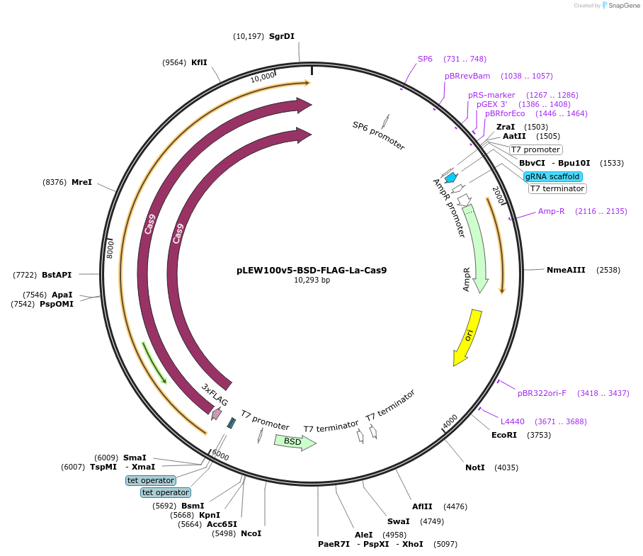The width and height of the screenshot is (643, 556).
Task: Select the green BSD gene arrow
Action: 294,441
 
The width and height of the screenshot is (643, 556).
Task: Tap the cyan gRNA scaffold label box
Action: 553,176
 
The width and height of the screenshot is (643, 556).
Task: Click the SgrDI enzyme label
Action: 281,36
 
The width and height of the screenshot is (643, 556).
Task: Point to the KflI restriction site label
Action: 199,62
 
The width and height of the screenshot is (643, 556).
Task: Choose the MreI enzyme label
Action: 81,182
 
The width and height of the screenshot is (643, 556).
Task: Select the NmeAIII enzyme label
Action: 565,270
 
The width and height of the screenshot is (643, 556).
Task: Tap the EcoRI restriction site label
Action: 504,435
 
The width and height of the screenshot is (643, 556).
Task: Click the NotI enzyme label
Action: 475,467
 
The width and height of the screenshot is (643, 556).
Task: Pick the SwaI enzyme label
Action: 398,521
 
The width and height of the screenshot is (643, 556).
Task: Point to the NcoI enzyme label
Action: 251,533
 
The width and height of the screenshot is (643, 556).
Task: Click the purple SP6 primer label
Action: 425,59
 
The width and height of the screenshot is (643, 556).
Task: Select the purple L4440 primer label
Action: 513,421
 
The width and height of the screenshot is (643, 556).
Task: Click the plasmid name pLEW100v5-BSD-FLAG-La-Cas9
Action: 312,270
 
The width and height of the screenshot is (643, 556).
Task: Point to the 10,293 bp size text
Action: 312,280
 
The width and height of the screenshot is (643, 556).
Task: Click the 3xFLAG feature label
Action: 215,395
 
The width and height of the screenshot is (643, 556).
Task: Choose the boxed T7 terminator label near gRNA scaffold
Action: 557,188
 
